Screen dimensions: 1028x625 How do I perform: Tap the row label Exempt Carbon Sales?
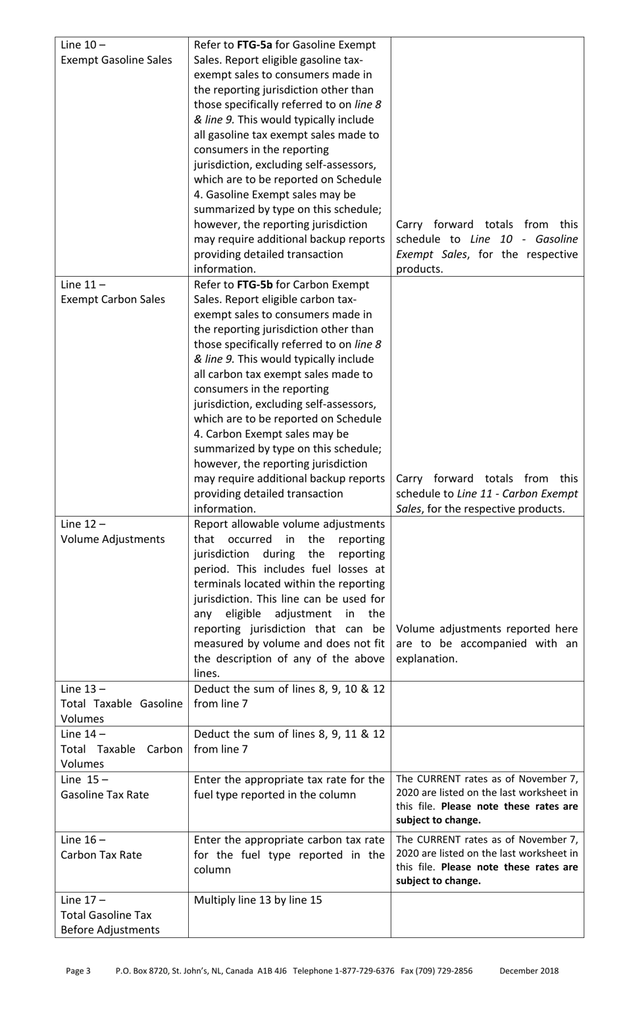click(x=113, y=300)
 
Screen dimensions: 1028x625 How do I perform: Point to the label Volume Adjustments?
click(x=113, y=539)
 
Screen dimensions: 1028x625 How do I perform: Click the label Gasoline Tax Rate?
click(x=105, y=795)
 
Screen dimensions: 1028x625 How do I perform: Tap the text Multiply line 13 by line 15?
click(x=258, y=900)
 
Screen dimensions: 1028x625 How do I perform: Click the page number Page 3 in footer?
click(x=78, y=971)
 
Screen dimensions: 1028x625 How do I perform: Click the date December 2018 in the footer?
click(x=529, y=971)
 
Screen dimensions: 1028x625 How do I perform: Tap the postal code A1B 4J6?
click(x=272, y=971)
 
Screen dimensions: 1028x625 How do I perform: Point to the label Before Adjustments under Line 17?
click(x=110, y=930)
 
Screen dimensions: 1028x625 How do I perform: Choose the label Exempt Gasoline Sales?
click(x=116, y=60)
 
